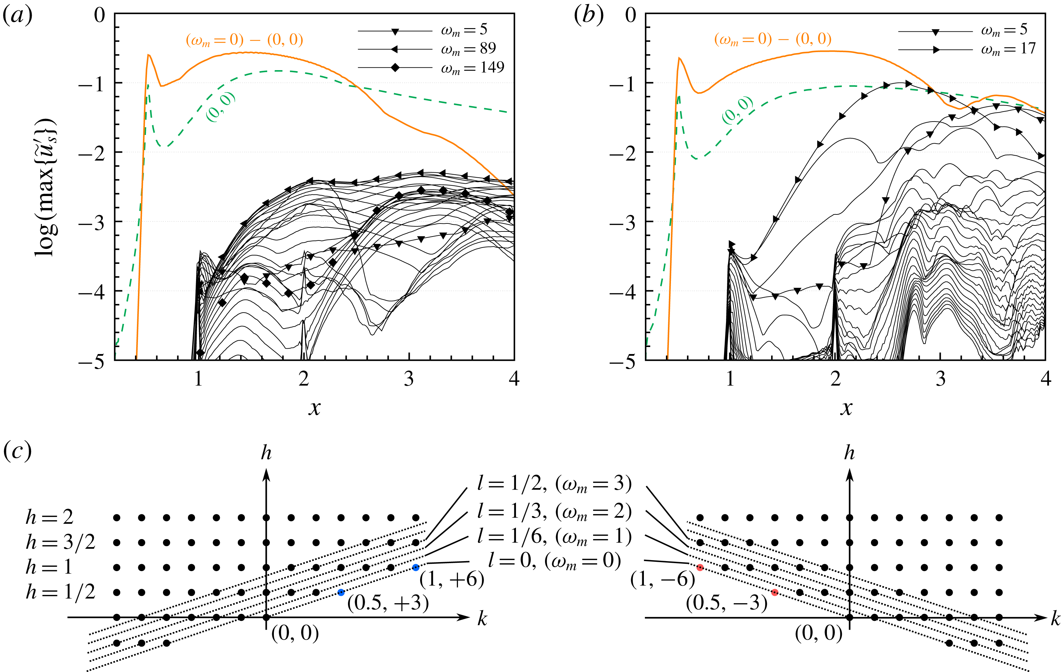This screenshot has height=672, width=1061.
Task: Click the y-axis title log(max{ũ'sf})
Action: coord(45,187)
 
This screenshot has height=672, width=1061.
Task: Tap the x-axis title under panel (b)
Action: coord(846,407)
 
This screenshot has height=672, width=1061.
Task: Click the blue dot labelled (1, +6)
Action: coord(415,567)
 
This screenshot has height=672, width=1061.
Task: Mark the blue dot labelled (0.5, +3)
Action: coord(341,592)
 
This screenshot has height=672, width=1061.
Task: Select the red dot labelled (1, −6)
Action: coord(700,567)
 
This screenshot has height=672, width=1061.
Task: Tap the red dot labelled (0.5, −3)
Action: coord(774,592)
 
